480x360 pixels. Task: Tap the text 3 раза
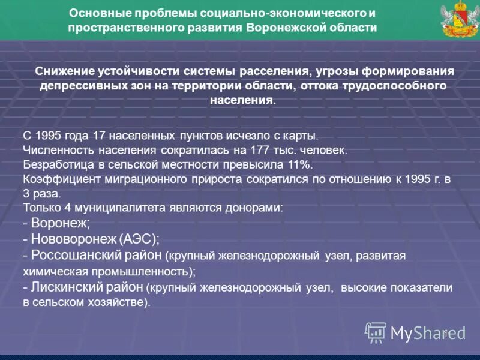(41, 194)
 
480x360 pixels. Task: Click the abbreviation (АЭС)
(139, 239)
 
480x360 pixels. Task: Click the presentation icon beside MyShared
(376, 332)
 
